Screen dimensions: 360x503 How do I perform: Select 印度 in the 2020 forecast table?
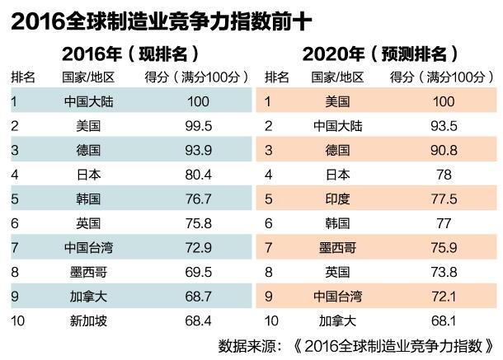pyautogui.click(x=338, y=199)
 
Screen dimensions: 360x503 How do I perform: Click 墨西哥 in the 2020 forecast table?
pyautogui.click(x=338, y=246)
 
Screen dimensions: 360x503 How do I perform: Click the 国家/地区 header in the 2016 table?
pyautogui.click(x=87, y=78)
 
